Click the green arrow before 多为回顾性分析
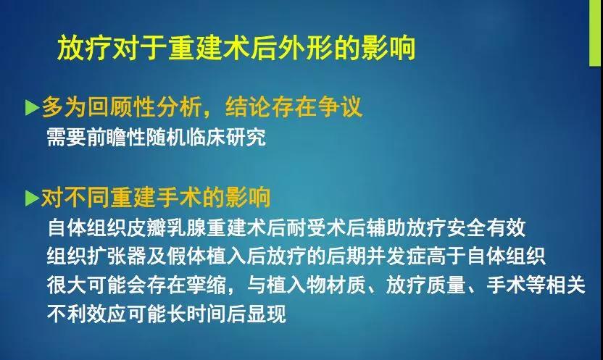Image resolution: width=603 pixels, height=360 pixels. pyautogui.click(x=33, y=108)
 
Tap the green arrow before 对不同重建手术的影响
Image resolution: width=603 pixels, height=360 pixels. pyautogui.click(x=33, y=198)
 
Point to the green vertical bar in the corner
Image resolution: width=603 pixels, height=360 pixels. pyautogui.click(x=595, y=33)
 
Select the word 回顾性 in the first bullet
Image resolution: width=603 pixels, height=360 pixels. pyautogui.click(x=121, y=106)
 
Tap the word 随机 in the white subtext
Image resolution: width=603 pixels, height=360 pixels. pyautogui.click(x=165, y=137)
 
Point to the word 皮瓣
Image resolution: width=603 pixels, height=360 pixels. pyautogui.click(x=147, y=228)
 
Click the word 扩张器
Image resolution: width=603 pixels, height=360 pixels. pyautogui.click(x=116, y=256)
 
